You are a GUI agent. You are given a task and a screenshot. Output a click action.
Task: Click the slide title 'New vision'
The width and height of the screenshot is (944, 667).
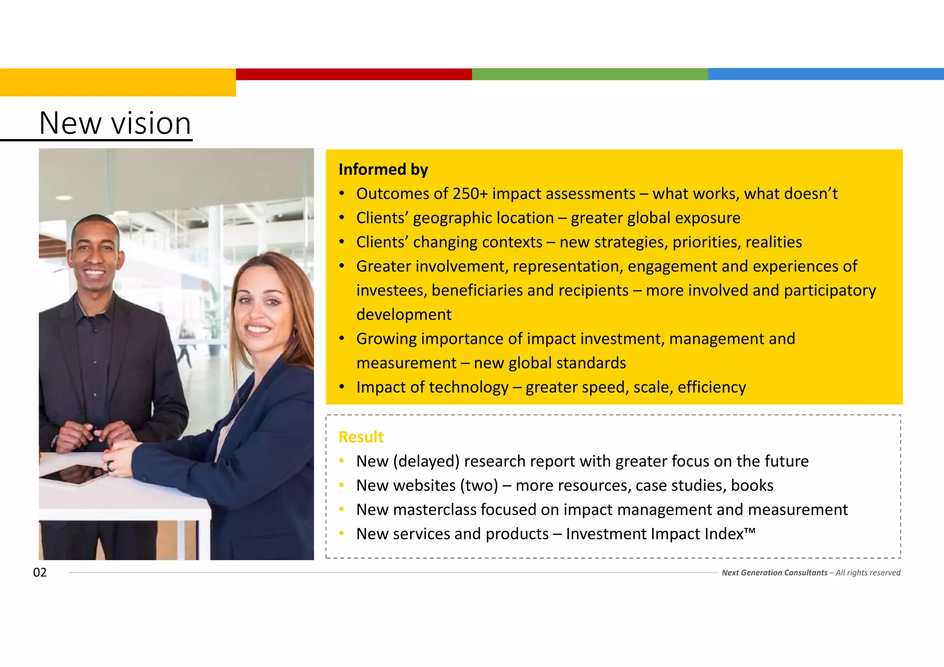point(115,123)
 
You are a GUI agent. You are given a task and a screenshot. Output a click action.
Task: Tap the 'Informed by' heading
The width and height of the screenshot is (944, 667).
point(383,170)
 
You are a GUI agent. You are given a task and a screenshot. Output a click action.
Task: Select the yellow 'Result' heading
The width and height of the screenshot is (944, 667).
point(360,437)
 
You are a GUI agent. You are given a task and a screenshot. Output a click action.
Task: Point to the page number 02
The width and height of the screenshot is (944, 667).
point(40,573)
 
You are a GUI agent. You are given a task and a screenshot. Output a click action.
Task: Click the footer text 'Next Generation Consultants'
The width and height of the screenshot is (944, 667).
point(774,573)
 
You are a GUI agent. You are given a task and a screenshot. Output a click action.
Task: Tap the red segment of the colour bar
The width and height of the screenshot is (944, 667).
point(354,74)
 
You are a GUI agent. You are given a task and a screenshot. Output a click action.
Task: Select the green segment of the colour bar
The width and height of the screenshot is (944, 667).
point(590,74)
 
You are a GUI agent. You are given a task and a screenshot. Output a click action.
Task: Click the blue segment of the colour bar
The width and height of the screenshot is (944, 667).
point(826,74)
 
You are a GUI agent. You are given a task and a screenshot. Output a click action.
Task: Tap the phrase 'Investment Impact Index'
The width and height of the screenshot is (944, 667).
point(655,534)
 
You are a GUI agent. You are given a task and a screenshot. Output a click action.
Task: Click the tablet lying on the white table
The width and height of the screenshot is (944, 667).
point(74,474)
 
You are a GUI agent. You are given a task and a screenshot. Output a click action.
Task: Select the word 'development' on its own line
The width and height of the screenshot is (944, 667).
point(403,315)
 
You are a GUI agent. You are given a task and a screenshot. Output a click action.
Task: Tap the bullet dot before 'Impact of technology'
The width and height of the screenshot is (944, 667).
point(342,387)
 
